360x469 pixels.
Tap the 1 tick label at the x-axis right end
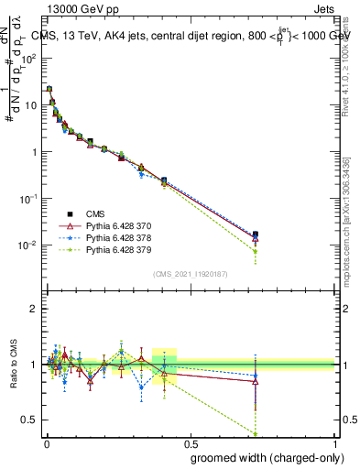click(x=334, y=443)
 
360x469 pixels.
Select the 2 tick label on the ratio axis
click(x=35, y=309)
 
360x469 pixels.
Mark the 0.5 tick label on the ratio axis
click(x=31, y=420)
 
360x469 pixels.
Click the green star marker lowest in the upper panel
click(x=256, y=251)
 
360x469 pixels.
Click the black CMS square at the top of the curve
click(x=49, y=89)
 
